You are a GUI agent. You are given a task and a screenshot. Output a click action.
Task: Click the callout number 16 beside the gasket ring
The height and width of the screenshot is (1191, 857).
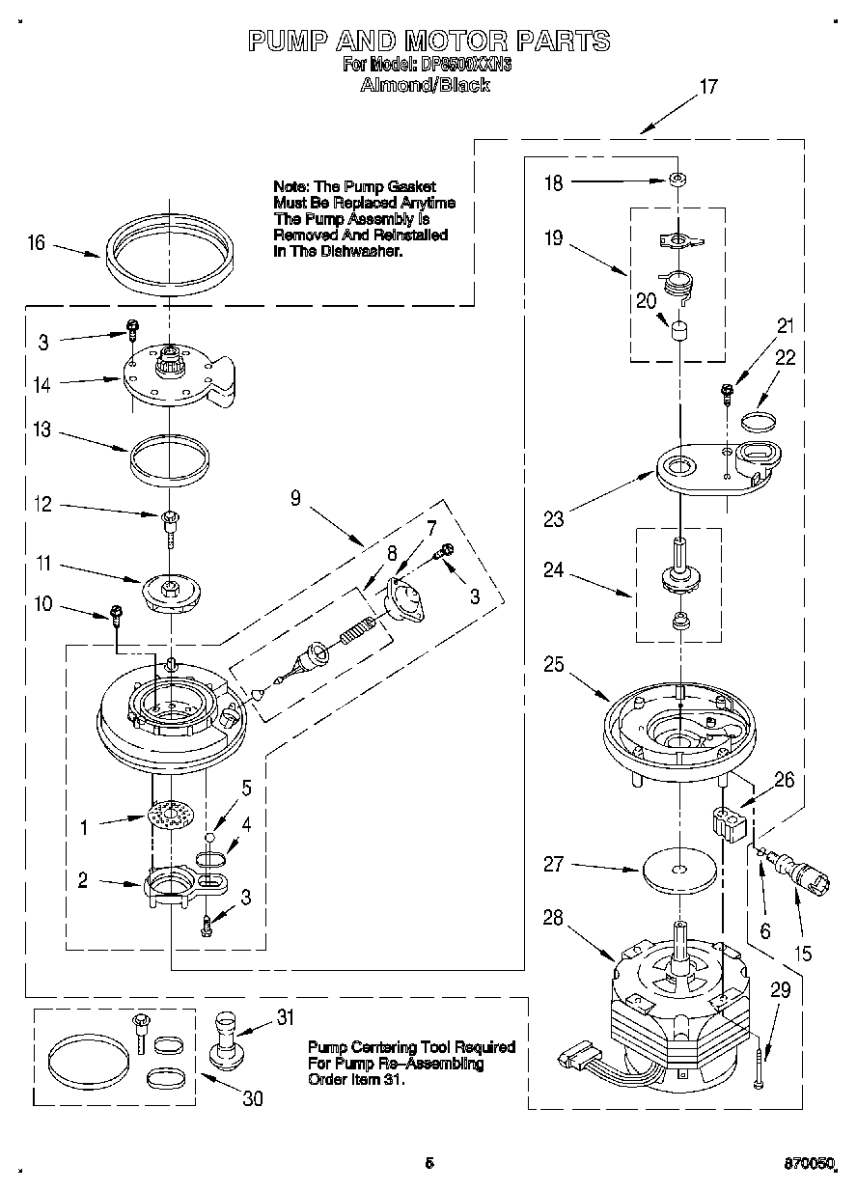(x=36, y=242)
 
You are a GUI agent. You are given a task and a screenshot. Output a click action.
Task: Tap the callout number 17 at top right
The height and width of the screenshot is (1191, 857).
(x=707, y=87)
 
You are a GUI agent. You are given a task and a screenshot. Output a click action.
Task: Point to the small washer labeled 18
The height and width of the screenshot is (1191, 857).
(x=680, y=180)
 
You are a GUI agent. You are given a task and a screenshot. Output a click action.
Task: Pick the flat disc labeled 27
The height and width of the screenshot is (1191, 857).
(x=680, y=868)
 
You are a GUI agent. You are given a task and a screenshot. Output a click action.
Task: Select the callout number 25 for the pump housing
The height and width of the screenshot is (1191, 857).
(x=553, y=665)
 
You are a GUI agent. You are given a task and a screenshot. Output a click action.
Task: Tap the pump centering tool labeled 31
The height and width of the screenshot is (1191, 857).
(x=229, y=1042)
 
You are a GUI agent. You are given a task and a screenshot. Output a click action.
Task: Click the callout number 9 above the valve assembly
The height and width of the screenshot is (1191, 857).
(x=295, y=498)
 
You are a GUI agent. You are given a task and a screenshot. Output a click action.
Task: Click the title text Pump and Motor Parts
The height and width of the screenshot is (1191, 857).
(x=428, y=41)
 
